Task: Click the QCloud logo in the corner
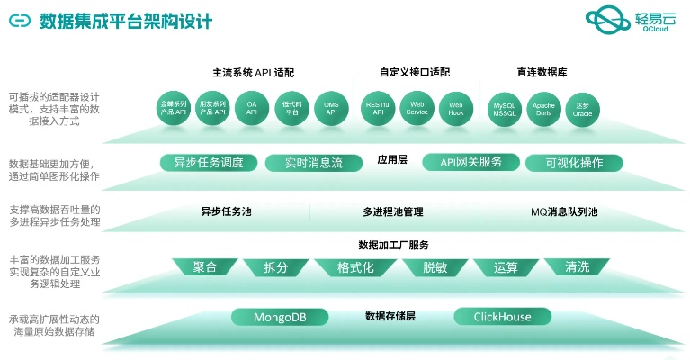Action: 629,22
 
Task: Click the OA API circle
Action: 252,109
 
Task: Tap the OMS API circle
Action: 331,109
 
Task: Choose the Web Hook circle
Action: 456,109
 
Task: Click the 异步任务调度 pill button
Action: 209,163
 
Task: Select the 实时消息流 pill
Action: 313,163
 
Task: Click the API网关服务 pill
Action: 470,163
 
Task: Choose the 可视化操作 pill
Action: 572,163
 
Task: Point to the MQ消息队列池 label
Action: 564,212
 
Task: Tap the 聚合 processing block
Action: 205,267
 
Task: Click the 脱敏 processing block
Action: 422,267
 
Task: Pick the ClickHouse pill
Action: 502,317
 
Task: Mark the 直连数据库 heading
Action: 542,72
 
